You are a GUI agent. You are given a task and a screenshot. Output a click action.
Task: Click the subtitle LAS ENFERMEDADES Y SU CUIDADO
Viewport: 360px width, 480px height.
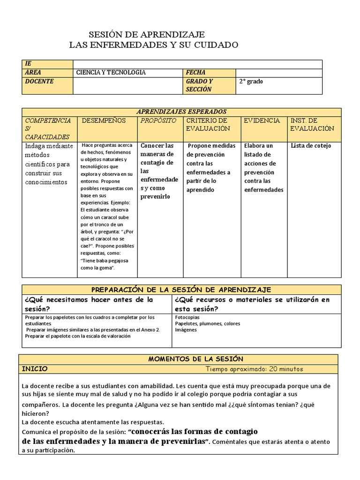click(153, 45)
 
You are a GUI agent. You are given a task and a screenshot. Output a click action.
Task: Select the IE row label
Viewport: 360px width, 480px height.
click(28, 64)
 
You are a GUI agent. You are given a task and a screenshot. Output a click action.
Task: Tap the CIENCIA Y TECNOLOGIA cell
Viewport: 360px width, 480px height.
click(111, 73)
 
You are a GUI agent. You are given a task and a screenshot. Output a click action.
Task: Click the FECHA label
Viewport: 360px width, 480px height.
click(195, 73)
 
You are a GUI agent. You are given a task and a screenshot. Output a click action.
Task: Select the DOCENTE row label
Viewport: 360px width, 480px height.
click(39, 82)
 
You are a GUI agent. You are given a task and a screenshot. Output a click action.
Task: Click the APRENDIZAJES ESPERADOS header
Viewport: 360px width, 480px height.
click(181, 112)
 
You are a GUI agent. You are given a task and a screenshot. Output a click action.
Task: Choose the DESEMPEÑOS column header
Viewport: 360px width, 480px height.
click(104, 120)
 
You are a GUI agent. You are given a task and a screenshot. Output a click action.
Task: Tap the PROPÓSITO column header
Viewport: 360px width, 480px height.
click(158, 120)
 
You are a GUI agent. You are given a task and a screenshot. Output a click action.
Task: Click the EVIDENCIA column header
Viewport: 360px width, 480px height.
click(262, 120)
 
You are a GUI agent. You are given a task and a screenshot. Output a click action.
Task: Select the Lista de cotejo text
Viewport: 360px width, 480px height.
click(311, 146)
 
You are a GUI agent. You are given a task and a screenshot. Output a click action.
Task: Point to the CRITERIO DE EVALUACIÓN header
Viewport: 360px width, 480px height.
click(208, 124)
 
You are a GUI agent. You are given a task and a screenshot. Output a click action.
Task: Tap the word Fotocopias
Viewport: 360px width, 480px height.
click(187, 317)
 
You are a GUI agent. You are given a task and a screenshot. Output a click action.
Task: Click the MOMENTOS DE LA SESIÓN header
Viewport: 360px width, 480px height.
click(195, 359)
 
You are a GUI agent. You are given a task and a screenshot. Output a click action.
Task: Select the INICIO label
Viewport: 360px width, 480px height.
click(35, 369)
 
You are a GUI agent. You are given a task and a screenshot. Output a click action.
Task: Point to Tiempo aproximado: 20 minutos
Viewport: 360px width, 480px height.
click(254, 369)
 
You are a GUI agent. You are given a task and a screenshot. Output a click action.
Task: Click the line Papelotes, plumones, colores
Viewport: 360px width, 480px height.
click(208, 323)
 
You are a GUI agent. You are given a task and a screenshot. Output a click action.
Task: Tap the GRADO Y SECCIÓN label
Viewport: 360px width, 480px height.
click(199, 85)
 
